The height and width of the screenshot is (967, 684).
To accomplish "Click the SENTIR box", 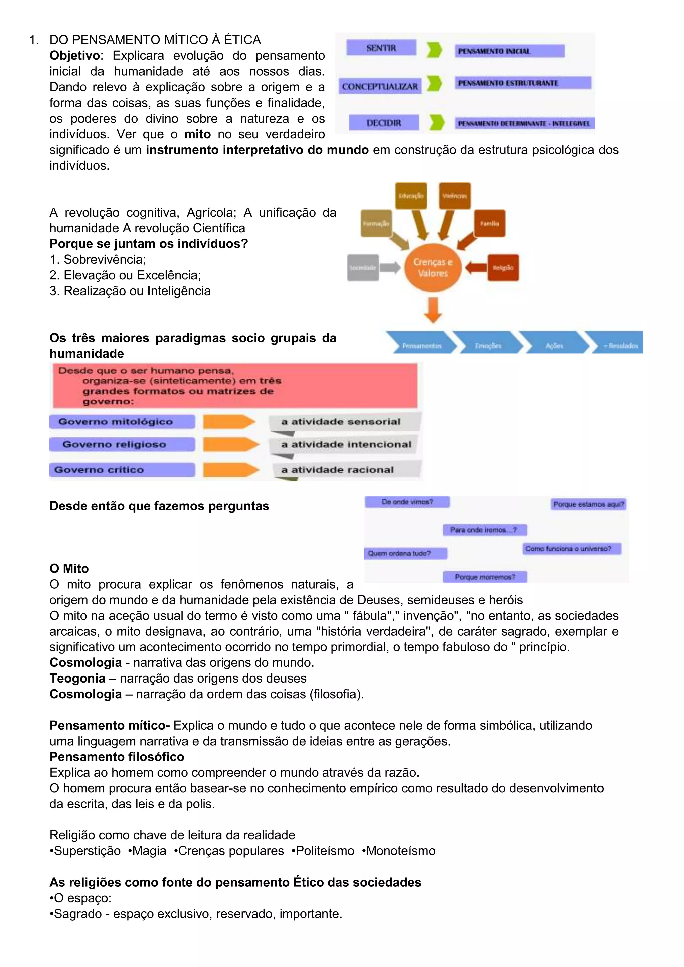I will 381,48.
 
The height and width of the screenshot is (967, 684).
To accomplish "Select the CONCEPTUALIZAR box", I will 380,86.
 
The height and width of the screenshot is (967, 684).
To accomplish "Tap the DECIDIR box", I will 384,123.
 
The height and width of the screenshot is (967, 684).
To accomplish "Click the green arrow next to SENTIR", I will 434,50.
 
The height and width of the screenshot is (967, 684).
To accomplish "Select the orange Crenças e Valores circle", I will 433,268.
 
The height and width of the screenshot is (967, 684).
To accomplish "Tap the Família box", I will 489,224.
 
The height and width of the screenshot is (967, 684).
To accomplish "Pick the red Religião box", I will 503,268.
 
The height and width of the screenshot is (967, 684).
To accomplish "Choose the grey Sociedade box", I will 363,268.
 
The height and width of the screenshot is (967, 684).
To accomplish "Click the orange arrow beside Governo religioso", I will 231,444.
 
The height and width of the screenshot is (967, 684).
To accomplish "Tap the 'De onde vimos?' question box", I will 407,502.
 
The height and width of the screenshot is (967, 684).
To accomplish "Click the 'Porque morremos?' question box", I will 485,577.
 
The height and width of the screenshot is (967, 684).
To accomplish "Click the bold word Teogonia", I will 77,678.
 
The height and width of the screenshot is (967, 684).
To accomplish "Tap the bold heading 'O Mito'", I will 69,568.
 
